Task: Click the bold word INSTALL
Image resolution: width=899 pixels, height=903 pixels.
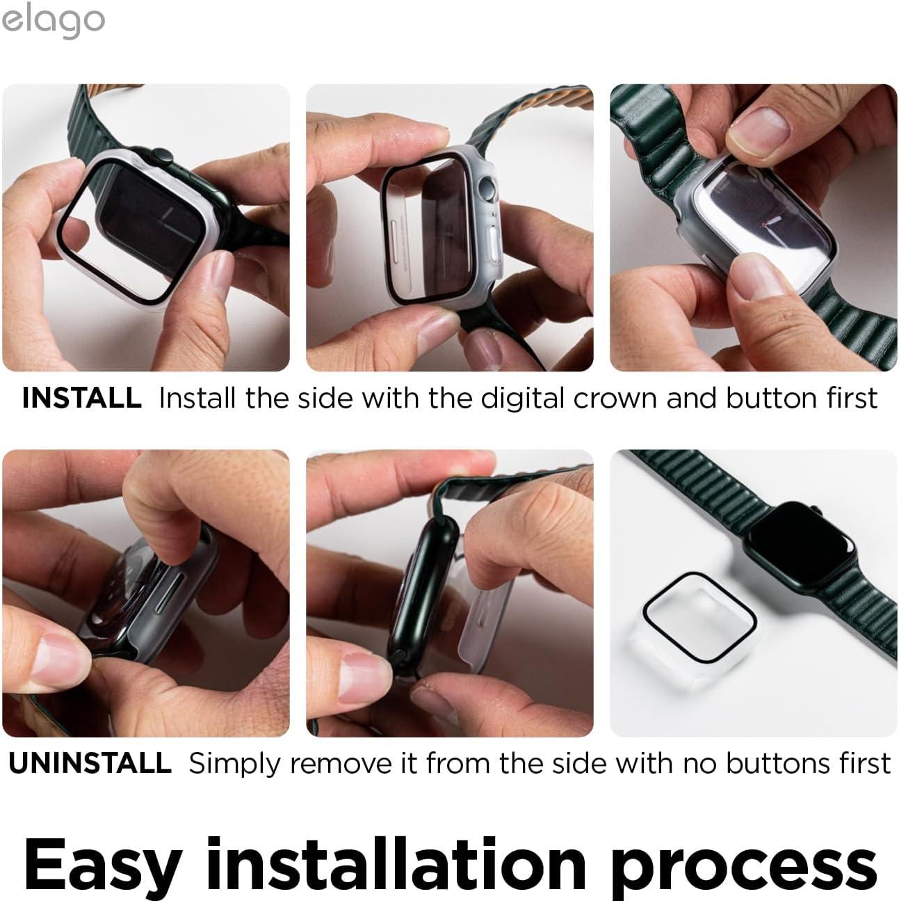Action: point(81,399)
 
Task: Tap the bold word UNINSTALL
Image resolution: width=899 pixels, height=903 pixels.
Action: point(90,763)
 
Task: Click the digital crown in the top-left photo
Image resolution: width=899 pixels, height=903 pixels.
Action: point(159,157)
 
